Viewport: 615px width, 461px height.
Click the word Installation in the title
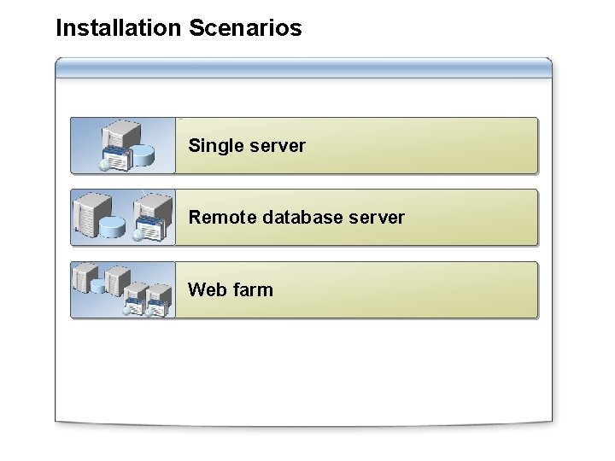click(117, 28)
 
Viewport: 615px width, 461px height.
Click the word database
click(303, 218)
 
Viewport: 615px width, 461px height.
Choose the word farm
click(252, 289)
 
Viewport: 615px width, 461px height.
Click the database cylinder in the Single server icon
click(143, 155)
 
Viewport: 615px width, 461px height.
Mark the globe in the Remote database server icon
click(137, 236)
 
